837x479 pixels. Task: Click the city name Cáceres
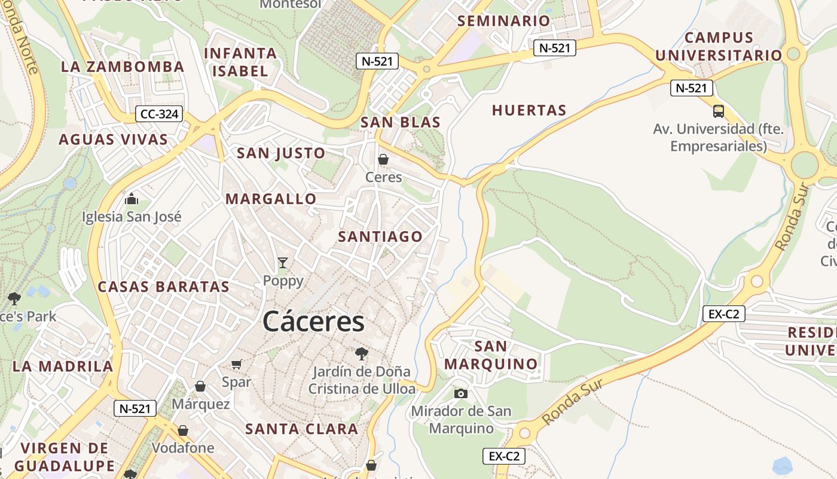click(x=313, y=322)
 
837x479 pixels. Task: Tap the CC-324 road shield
click(x=158, y=114)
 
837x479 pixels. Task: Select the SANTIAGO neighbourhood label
click(x=380, y=237)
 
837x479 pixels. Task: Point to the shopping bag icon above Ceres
click(x=383, y=160)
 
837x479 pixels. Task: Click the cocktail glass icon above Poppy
click(x=283, y=262)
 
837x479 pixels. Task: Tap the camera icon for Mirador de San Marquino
click(x=460, y=393)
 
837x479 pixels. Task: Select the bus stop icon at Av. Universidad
click(x=719, y=111)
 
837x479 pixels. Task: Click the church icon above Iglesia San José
click(x=132, y=199)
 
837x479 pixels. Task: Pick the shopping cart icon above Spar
click(x=237, y=364)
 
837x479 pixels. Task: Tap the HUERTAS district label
click(x=529, y=110)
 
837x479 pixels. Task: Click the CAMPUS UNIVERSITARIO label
click(x=719, y=47)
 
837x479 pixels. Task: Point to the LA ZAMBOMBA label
click(x=123, y=66)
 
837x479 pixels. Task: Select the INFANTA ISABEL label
click(x=240, y=62)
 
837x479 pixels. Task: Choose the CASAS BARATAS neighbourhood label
click(x=163, y=286)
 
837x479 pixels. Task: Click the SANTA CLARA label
click(x=302, y=429)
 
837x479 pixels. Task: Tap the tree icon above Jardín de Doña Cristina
click(x=361, y=353)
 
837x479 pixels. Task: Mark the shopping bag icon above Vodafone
click(x=183, y=431)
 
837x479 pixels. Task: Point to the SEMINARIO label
click(x=503, y=21)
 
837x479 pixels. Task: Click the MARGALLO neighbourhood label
click(x=271, y=199)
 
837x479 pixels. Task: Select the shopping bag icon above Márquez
click(x=200, y=386)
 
